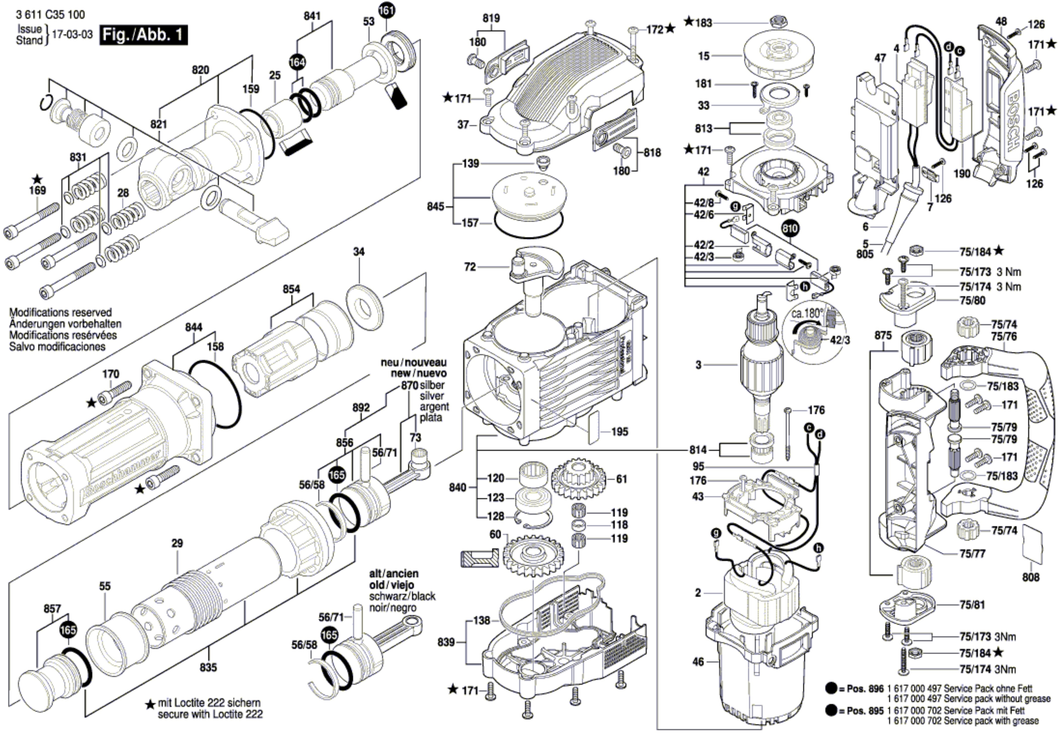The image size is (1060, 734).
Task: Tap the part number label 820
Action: click(x=201, y=70)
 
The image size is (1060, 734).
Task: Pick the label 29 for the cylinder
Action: click(x=177, y=543)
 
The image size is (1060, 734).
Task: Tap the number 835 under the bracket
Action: click(x=208, y=667)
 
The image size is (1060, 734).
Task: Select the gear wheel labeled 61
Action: click(x=579, y=480)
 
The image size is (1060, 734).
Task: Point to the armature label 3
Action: click(x=698, y=365)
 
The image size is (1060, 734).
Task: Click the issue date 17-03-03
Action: click(x=73, y=35)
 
